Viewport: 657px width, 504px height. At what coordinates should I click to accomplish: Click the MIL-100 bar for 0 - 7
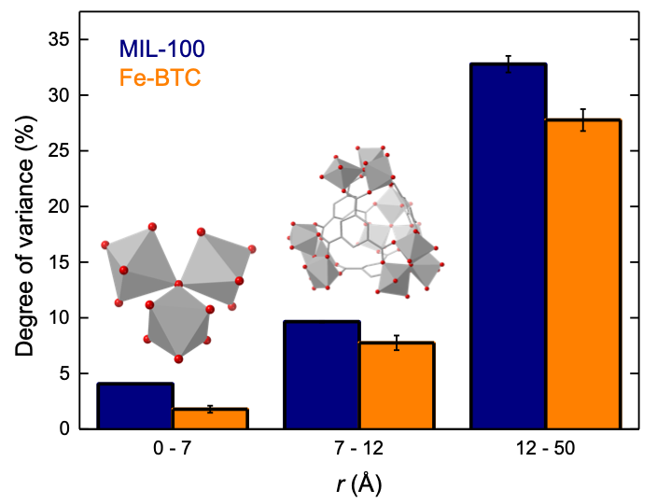point(135,406)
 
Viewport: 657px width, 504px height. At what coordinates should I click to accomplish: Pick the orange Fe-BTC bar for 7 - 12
point(397,386)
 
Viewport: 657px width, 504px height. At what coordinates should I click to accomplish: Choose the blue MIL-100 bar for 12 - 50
point(509,246)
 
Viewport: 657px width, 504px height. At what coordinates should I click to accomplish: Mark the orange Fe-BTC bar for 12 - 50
point(583,274)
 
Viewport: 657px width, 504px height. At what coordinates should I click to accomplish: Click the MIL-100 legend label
point(161,47)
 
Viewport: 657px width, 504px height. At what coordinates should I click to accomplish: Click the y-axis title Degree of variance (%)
point(25,233)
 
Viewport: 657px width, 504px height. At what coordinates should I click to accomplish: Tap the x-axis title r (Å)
point(359,484)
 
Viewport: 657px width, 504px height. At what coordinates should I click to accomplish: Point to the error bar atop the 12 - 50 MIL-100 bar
point(509,63)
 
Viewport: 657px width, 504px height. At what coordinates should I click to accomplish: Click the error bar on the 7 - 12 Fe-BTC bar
point(397,343)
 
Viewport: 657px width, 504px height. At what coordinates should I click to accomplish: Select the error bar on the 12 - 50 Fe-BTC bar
point(583,119)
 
